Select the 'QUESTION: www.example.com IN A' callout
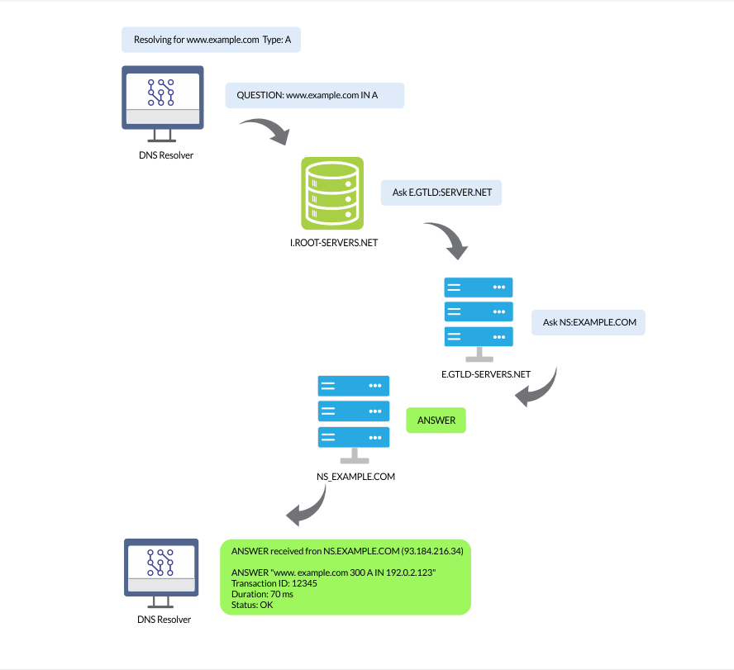[314, 96]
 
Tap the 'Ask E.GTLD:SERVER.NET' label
[441, 192]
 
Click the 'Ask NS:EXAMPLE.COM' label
[589, 322]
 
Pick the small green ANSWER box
[436, 421]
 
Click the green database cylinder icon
[331, 193]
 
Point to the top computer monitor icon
[162, 99]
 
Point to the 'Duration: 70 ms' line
[262, 594]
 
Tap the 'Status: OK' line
[252, 605]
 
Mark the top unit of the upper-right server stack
[478, 287]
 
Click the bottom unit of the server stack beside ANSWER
[353, 437]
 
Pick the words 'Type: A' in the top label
[277, 40]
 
